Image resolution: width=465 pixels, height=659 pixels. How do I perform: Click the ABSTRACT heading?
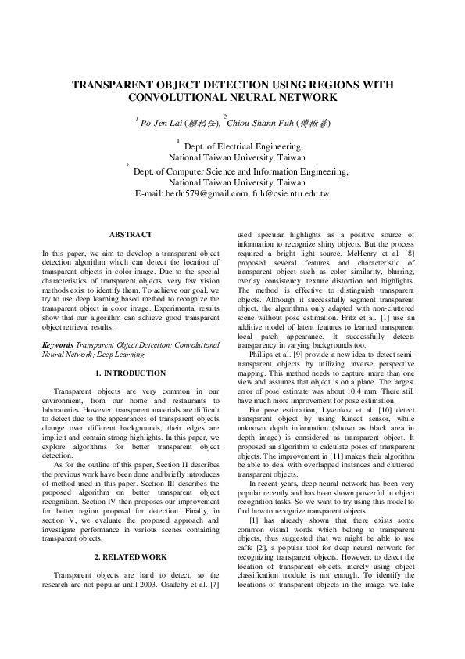(131, 234)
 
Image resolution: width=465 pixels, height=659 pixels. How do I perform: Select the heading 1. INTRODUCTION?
(131, 373)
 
